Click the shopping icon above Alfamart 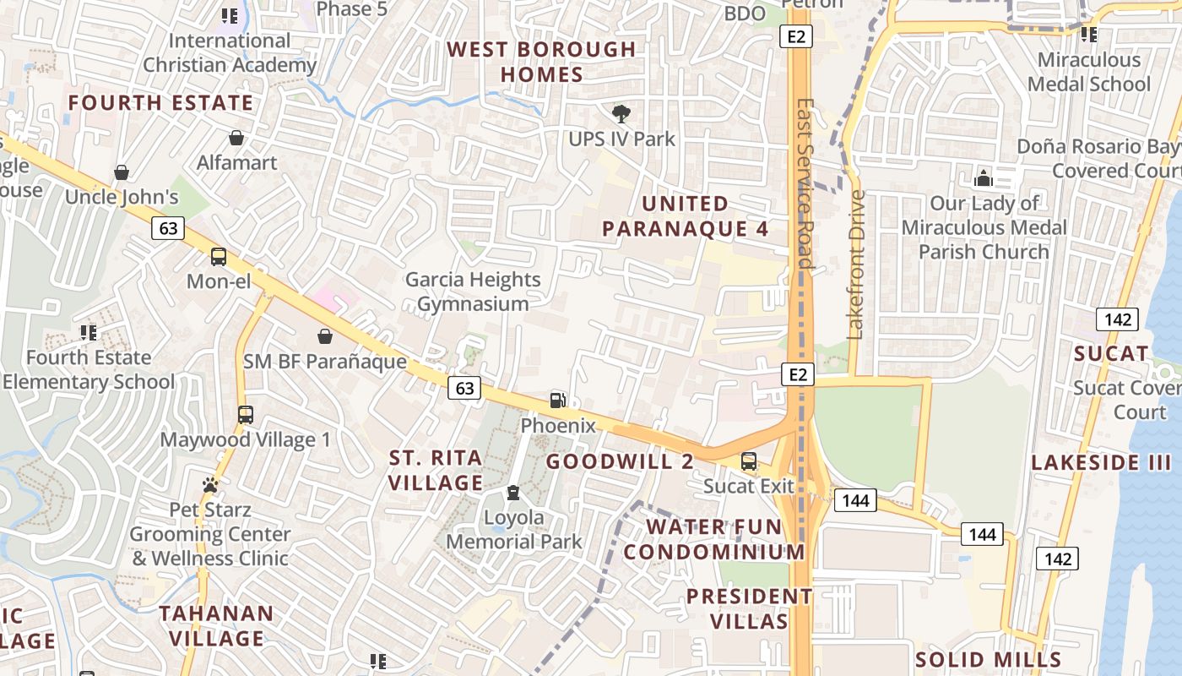(x=236, y=138)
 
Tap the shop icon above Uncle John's (x=122, y=173)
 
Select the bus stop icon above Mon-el (x=219, y=257)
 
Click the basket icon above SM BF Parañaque (x=324, y=337)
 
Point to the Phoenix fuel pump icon (x=557, y=401)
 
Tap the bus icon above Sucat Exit (x=748, y=461)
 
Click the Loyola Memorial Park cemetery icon (x=512, y=493)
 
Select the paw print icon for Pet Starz (x=209, y=485)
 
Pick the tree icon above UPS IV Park (x=621, y=113)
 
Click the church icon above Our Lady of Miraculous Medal (x=983, y=178)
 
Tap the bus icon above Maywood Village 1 (x=245, y=415)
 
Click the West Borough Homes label (x=541, y=62)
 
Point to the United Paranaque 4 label (x=685, y=216)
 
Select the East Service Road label (x=805, y=183)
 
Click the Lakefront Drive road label (x=857, y=264)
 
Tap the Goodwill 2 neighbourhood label (x=620, y=461)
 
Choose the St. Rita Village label (x=436, y=470)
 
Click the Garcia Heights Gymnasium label (x=473, y=292)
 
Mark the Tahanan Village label (x=216, y=625)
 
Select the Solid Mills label (x=989, y=659)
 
